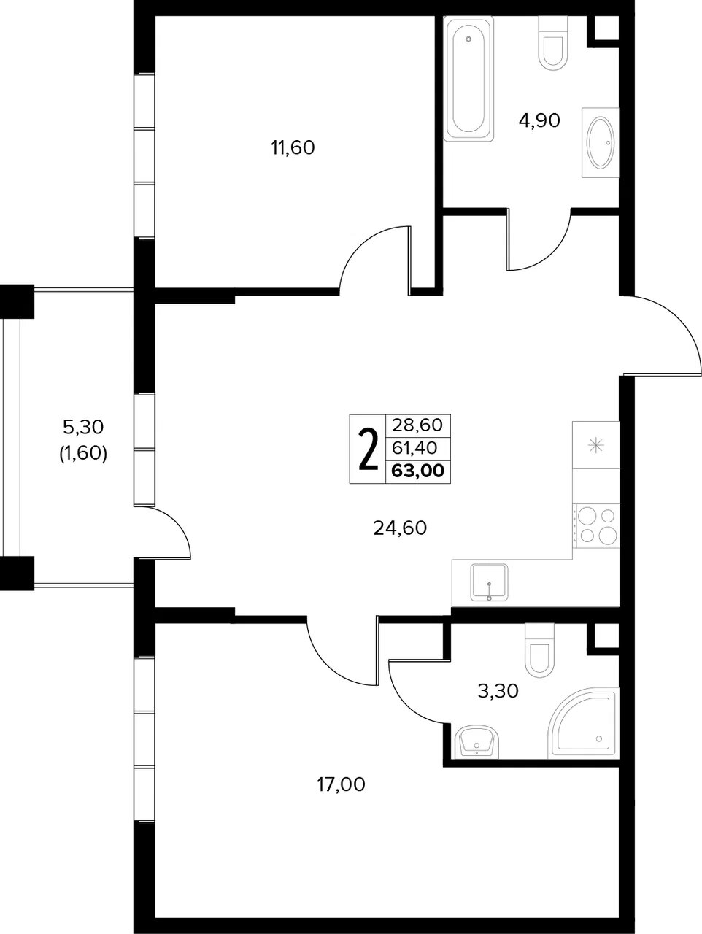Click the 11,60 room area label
tap(293, 147)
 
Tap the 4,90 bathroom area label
tap(539, 120)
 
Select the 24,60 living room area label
tap(399, 528)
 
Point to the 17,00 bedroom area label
tap(341, 784)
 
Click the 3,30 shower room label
tap(498, 691)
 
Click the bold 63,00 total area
tap(418, 471)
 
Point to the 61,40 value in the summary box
tap(414, 447)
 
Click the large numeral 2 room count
tap(368, 449)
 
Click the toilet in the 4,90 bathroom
tap(553, 43)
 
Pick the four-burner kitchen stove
tap(595, 525)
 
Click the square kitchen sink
tap(489, 582)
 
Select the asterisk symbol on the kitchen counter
tap(595, 445)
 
